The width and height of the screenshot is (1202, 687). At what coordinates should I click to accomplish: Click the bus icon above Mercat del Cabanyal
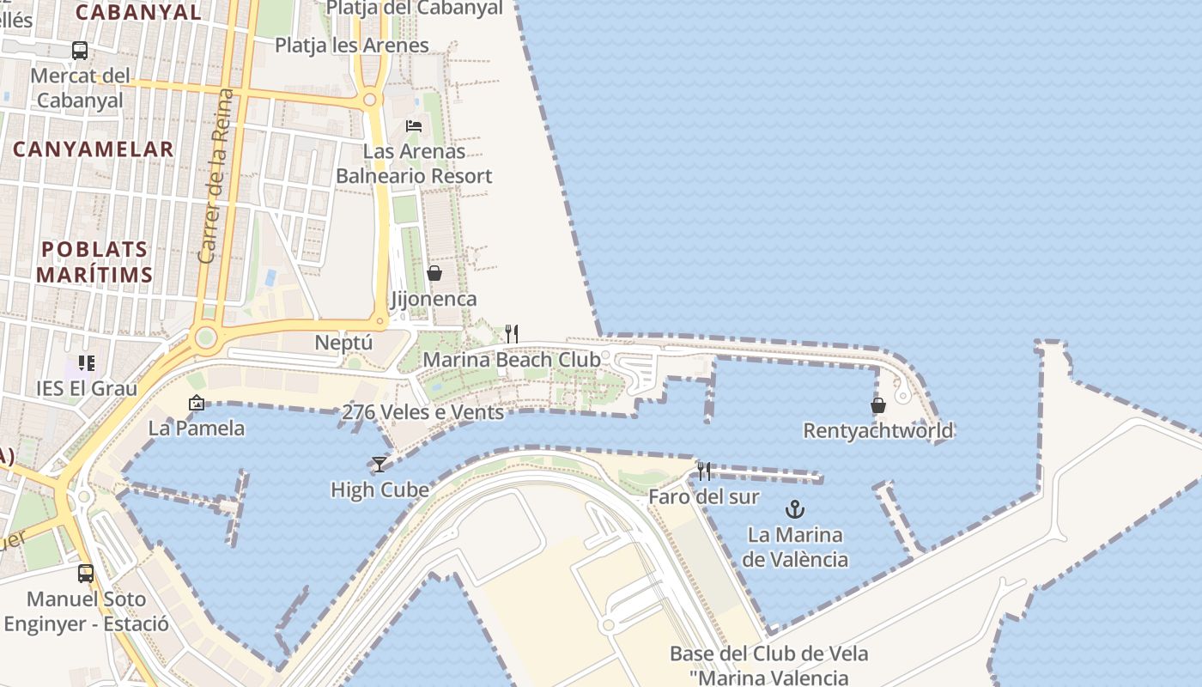pos(80,51)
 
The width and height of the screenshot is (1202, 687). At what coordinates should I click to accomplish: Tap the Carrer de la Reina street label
pos(215,175)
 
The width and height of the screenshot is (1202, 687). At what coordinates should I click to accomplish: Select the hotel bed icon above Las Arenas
pos(414,126)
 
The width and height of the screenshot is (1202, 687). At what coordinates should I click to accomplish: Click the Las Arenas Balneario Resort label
pos(414,164)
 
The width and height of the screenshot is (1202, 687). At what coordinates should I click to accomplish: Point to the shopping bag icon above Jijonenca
pos(434,273)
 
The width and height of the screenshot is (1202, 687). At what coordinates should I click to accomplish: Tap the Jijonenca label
pos(434,300)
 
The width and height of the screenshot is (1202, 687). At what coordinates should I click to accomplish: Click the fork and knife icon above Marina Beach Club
pos(512,333)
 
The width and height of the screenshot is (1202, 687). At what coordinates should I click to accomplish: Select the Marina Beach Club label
pos(512,360)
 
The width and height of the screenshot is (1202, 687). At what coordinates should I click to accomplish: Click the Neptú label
pos(343,343)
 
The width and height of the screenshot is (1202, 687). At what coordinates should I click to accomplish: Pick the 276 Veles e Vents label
pos(422,412)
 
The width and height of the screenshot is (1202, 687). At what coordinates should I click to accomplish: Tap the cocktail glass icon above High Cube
pos(379,464)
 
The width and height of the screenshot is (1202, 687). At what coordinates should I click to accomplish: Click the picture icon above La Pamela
pos(197,402)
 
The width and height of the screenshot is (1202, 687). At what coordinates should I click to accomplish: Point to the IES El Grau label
pos(87,388)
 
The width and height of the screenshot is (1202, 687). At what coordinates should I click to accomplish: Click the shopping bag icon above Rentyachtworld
pos(878,405)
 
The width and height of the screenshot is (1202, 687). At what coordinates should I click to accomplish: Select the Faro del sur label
pos(704,496)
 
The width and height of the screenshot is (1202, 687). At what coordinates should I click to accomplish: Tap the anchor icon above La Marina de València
pos(795,508)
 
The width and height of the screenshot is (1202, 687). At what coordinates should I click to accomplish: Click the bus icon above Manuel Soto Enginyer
pos(86,573)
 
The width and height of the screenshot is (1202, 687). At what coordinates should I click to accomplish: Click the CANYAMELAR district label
pos(93,149)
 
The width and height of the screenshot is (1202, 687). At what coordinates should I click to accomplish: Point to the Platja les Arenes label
pos(352,46)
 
